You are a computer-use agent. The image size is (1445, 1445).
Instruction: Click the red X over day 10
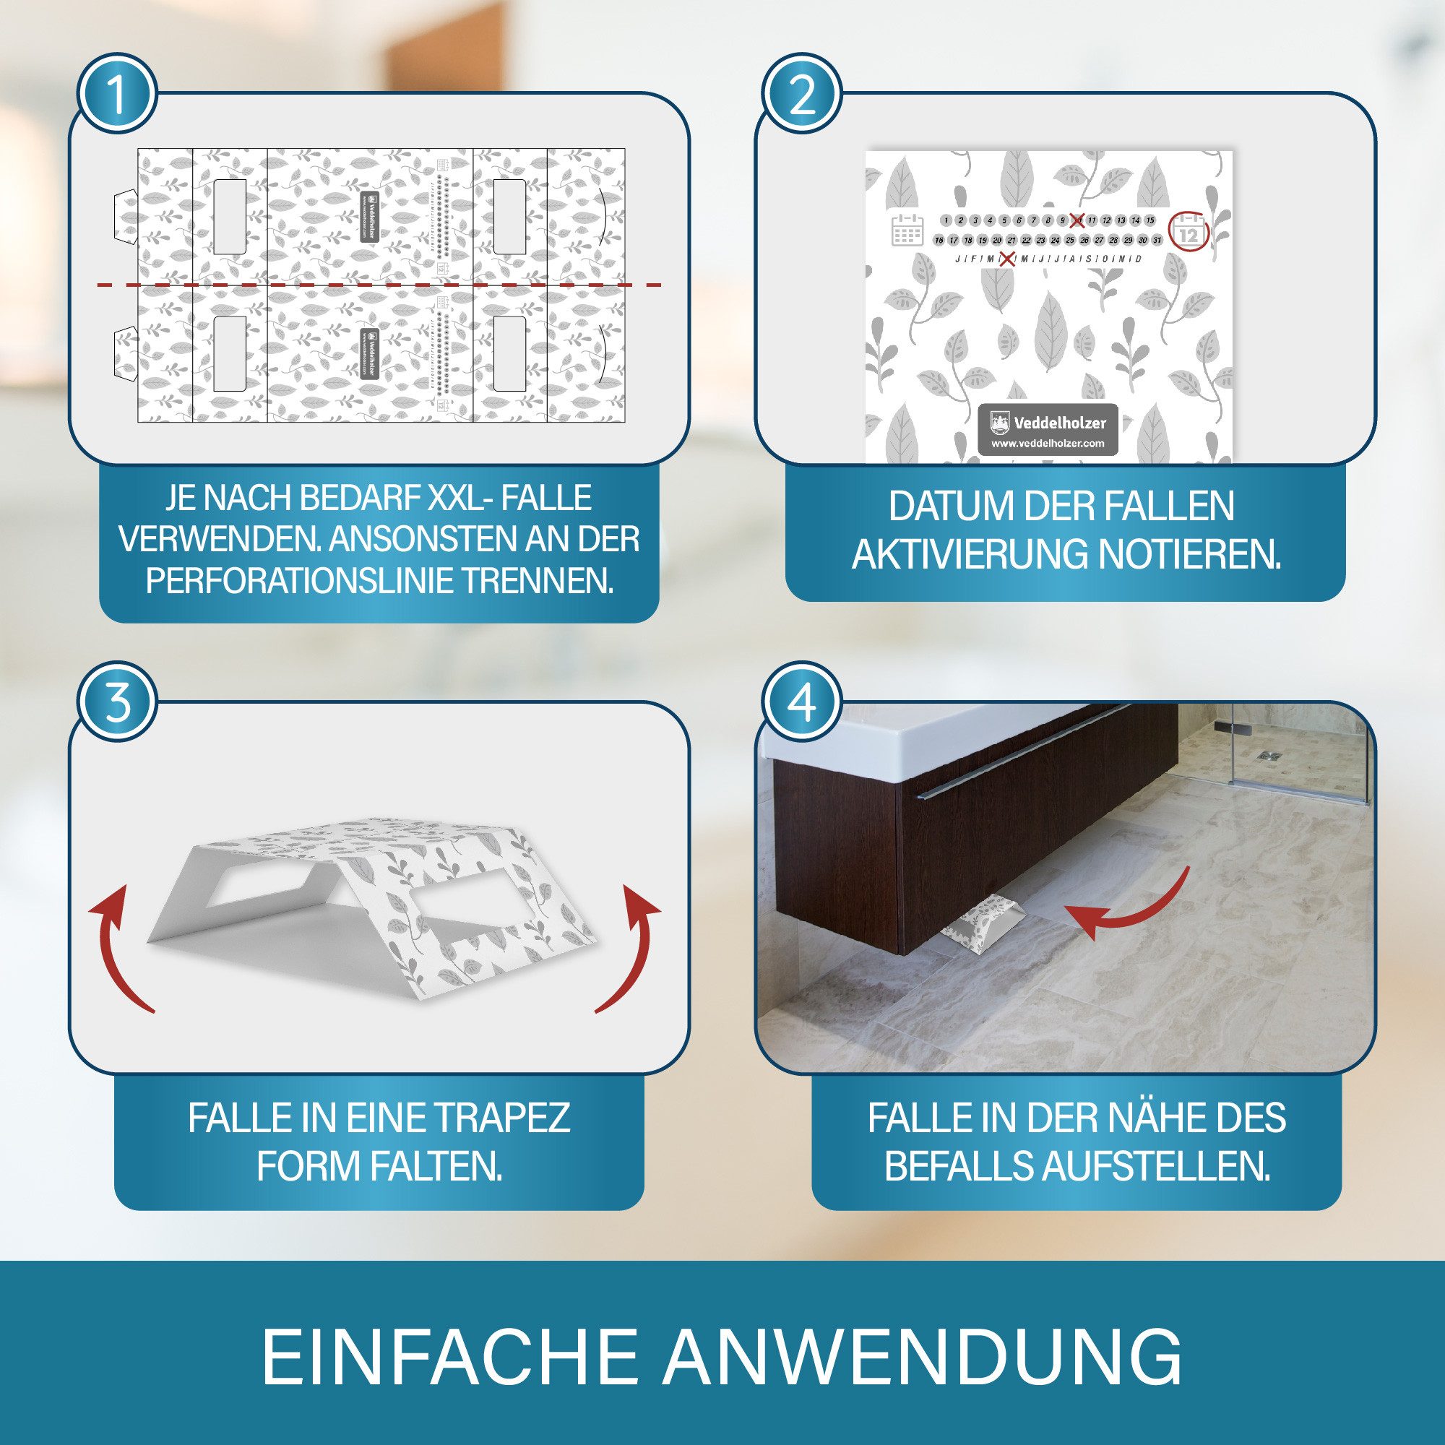click(x=1077, y=220)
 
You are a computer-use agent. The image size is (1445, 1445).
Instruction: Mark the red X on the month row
click(x=1006, y=259)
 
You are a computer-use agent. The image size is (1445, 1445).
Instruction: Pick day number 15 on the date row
click(x=1150, y=220)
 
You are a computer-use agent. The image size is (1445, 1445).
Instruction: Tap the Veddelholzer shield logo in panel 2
click(x=999, y=423)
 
